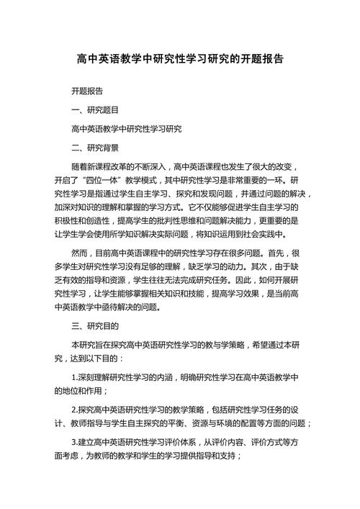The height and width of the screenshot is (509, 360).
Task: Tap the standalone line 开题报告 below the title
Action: tap(87, 91)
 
